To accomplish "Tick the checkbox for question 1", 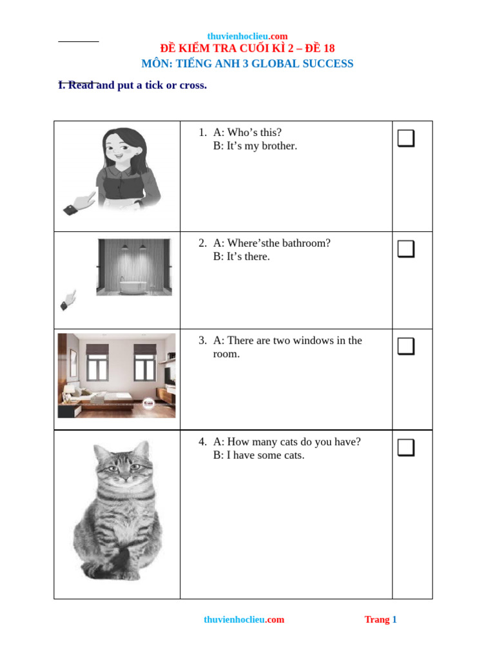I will (x=405, y=138).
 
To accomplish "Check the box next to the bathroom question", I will (x=405, y=249).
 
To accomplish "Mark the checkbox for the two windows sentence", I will (x=405, y=346).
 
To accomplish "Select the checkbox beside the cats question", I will (x=405, y=447).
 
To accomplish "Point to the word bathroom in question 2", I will (x=306, y=243).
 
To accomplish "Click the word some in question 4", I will (x=269, y=456).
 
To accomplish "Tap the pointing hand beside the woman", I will (x=80, y=203).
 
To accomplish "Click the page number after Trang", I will (x=394, y=619).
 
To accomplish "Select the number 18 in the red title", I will (x=328, y=48).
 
